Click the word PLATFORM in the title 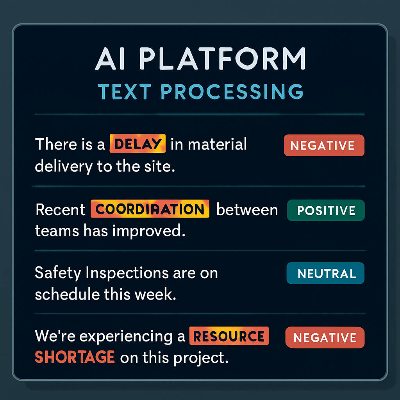(222, 59)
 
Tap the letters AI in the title (110, 59)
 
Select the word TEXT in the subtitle (125, 91)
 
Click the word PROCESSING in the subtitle (232, 91)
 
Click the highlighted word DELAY (137, 144)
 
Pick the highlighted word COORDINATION (150, 209)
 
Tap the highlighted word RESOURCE (229, 336)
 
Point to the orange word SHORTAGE (75, 357)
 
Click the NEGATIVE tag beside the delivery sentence (324, 145)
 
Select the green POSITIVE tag (326, 210)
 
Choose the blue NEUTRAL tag (325, 273)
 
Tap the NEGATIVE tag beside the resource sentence (325, 337)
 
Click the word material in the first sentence (217, 144)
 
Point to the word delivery (64, 166)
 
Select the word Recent (61, 210)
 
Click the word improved (149, 231)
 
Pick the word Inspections (127, 273)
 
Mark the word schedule (67, 294)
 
